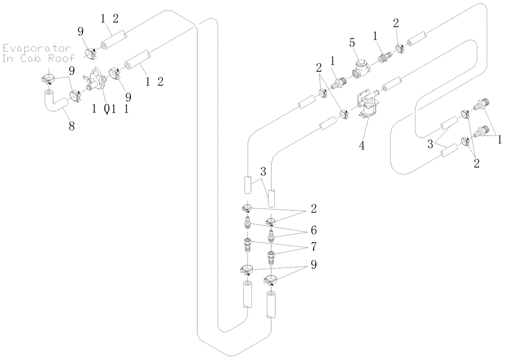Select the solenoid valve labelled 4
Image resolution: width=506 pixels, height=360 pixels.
point(368,107)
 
